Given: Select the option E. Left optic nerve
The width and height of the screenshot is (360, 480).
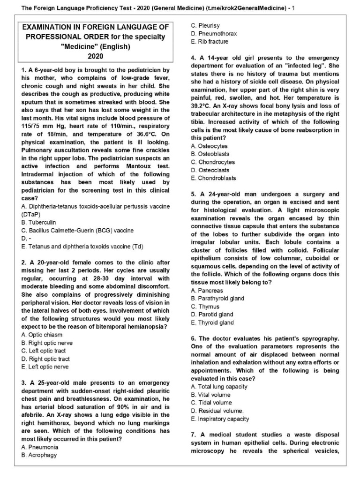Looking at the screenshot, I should coord(45,367).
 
